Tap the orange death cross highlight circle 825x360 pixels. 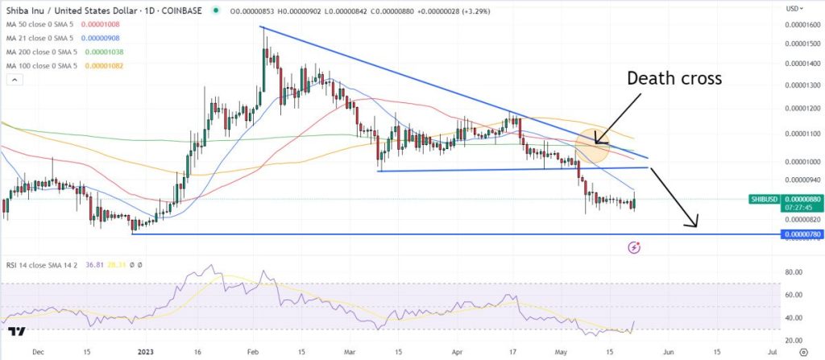tap(597, 143)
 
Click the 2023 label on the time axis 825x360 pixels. tap(145, 352)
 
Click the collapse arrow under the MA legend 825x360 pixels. tap(13, 79)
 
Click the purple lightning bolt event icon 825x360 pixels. tap(635, 247)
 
